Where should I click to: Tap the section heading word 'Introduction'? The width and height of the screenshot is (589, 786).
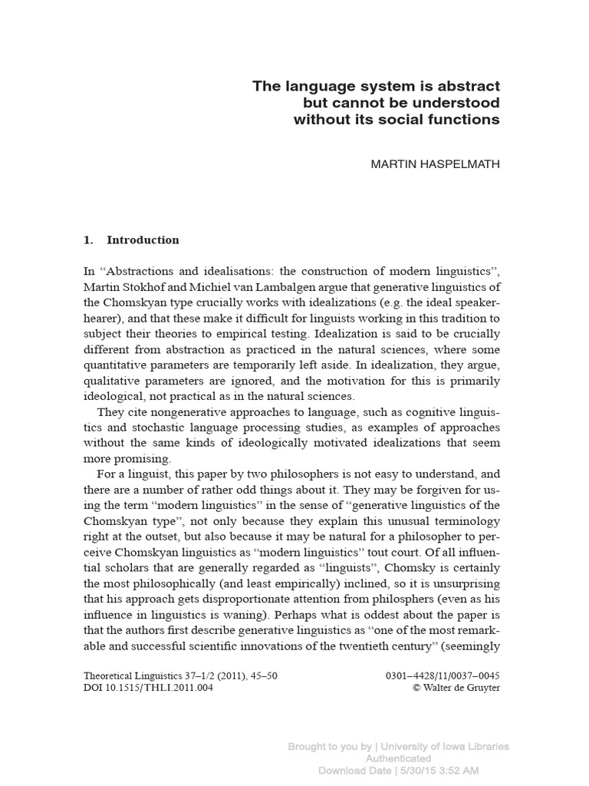click(143, 239)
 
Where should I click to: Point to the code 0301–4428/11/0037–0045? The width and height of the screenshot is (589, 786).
click(446, 675)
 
